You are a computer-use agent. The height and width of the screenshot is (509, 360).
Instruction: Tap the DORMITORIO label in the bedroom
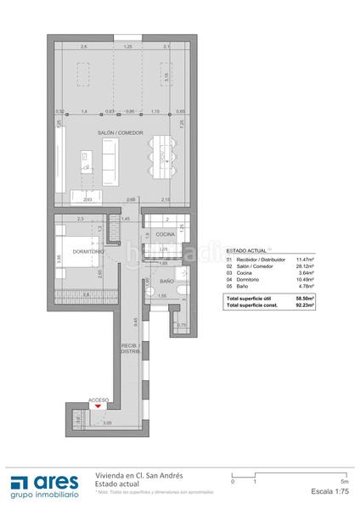pos(87,252)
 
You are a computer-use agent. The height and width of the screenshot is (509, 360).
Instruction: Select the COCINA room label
pos(166,233)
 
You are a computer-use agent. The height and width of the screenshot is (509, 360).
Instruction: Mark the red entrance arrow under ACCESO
pos(100,408)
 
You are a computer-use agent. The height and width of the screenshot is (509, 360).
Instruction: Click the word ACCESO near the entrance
pos(99,400)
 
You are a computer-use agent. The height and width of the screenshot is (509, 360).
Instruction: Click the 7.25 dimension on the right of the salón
pos(183,123)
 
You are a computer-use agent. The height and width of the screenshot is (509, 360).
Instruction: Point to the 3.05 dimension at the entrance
pos(82,422)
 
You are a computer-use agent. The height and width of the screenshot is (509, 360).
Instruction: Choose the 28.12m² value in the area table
pos(305,266)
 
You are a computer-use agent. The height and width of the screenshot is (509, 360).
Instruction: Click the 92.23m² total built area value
pos(305,305)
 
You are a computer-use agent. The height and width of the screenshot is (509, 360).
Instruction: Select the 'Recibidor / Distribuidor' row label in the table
pos(260,259)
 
